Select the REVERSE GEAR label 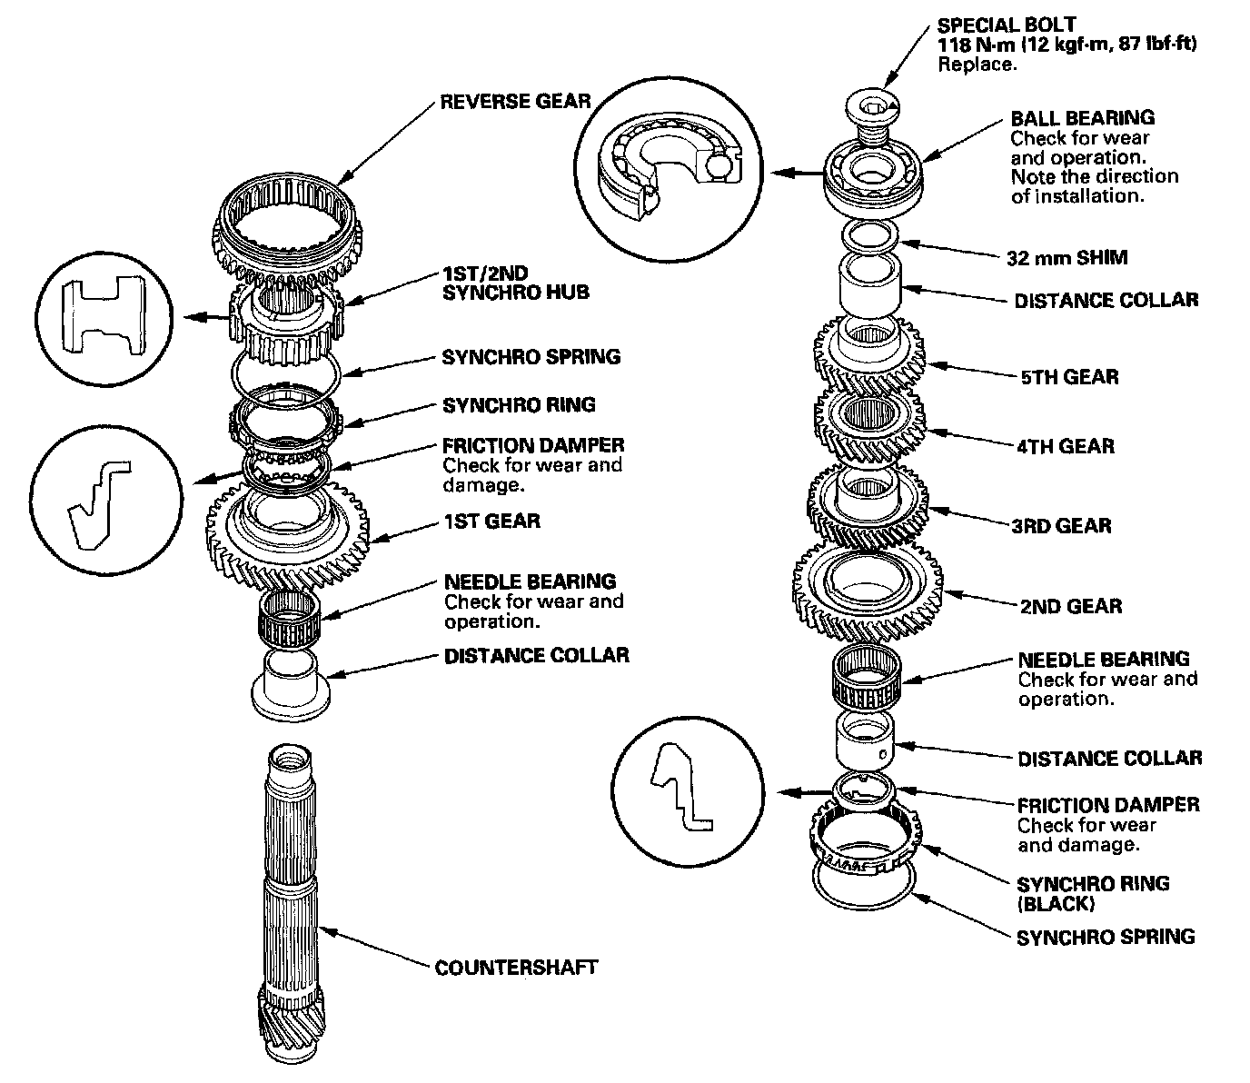click(515, 101)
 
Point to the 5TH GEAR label click(1069, 377)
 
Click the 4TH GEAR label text click(1066, 446)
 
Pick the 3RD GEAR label click(1061, 525)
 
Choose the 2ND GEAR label click(1070, 606)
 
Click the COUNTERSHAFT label click(516, 967)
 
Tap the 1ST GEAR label click(491, 521)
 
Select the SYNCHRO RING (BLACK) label click(1093, 893)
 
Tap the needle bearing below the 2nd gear click(866, 678)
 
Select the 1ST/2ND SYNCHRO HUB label click(515, 282)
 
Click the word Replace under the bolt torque click(976, 65)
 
